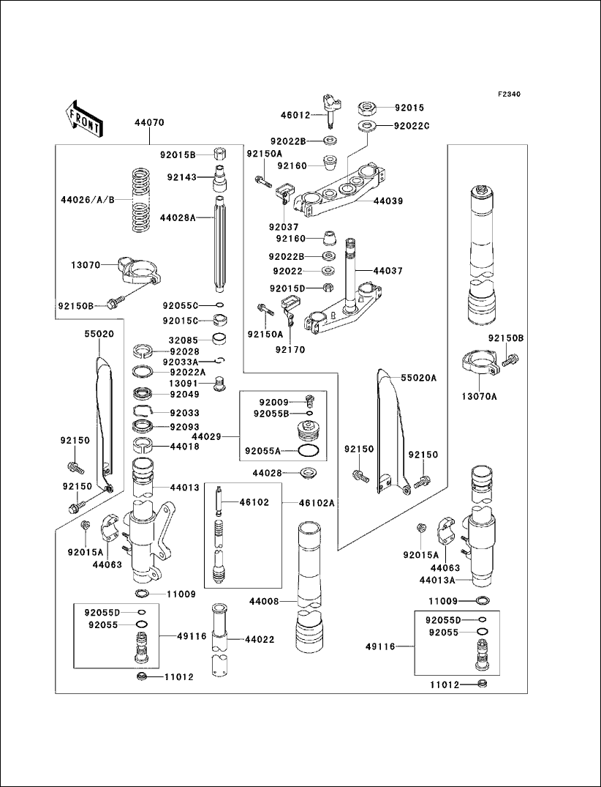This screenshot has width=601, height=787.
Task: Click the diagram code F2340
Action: pos(510,94)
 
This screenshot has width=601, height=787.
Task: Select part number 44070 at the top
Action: pos(149,122)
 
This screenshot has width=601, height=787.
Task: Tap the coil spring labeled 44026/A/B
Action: pos(141,200)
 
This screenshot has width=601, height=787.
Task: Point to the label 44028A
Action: pos(178,217)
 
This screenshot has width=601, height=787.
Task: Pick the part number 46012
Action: pos(295,115)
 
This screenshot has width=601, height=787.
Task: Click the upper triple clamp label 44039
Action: pos(388,201)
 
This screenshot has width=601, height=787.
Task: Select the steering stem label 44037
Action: pos(388,271)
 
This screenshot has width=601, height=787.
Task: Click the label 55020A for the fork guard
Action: pos(418,378)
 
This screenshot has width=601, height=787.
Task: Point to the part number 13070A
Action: pos(480,397)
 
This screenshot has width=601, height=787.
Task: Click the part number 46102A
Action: pos(317,502)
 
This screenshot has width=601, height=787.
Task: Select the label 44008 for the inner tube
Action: pos(264,601)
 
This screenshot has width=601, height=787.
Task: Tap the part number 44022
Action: pos(260,639)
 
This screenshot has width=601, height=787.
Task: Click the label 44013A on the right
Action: pos(437,581)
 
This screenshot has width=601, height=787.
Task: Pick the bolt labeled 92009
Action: pos(309,400)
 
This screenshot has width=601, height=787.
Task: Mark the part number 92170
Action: pos(290,349)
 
